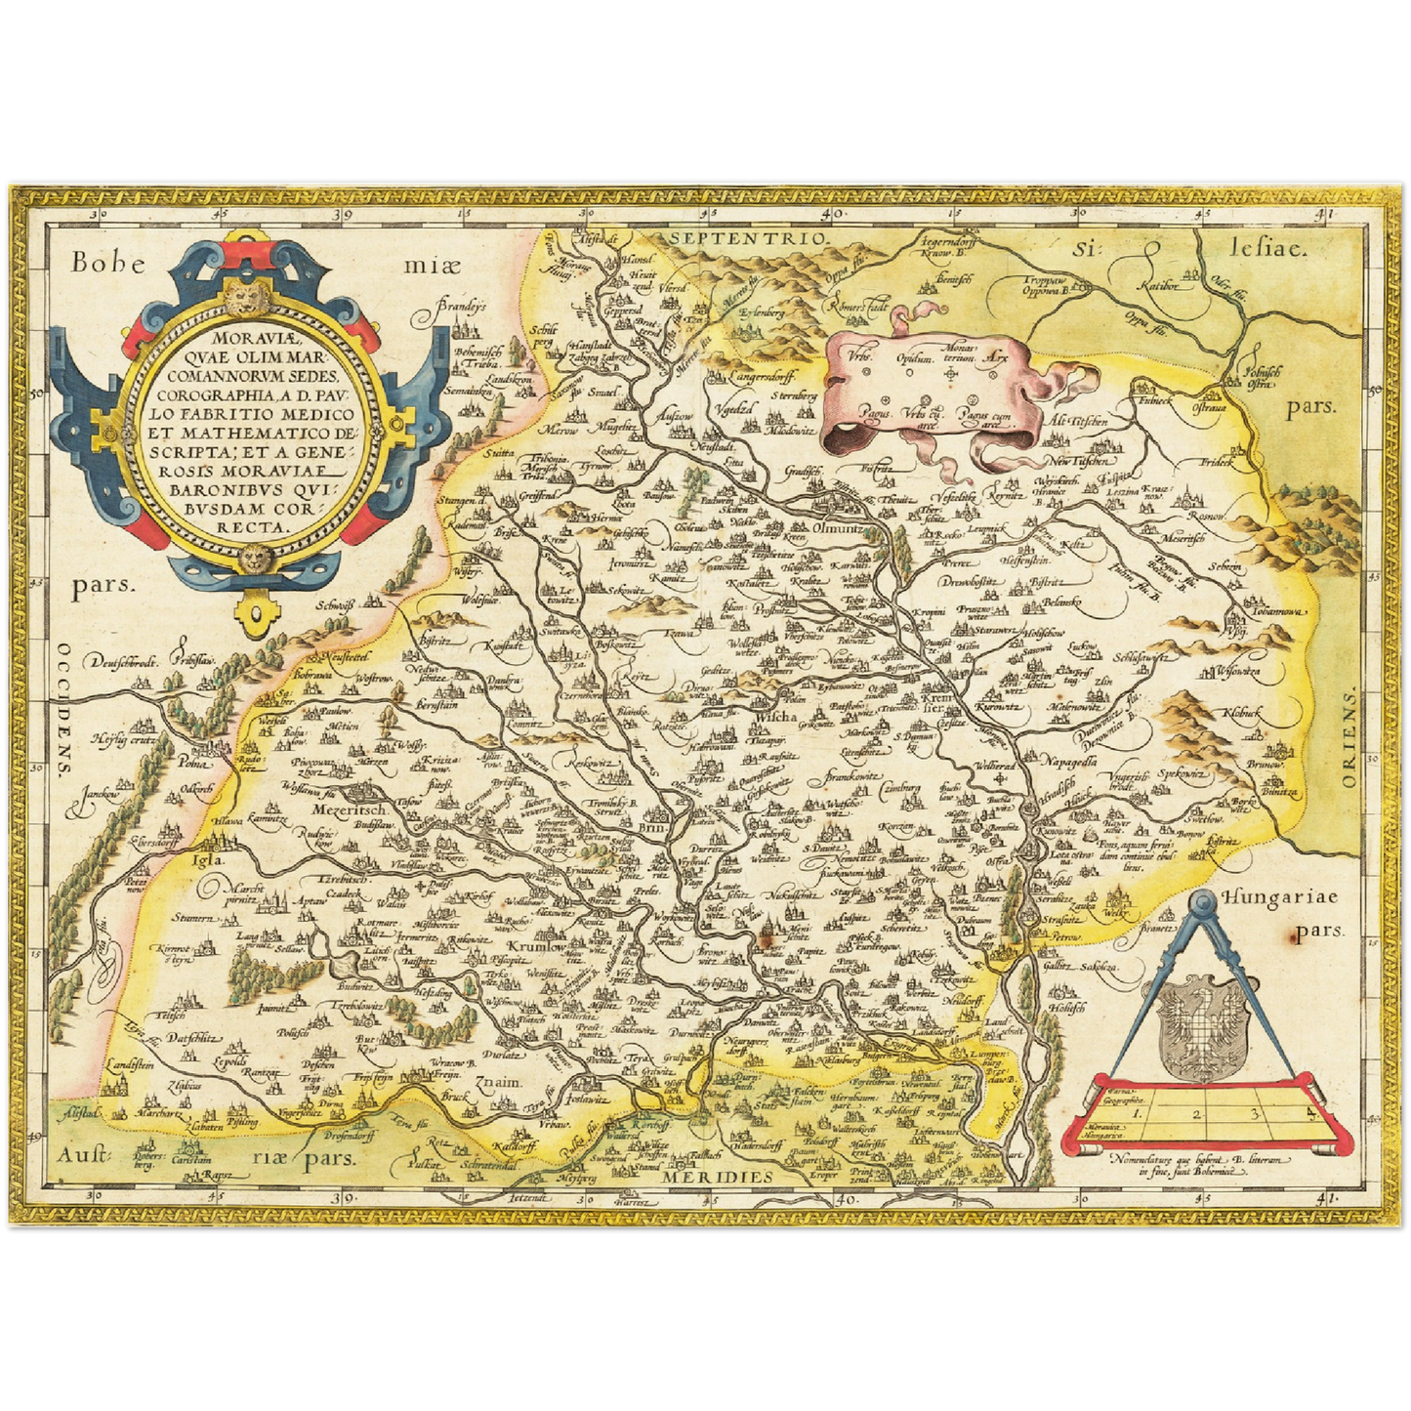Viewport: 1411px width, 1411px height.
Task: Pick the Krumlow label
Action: coord(536,946)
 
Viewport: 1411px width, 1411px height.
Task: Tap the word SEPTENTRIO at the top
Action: coord(749,236)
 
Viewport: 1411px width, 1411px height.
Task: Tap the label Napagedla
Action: coord(1078,759)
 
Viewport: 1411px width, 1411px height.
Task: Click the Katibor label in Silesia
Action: coord(1159,287)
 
